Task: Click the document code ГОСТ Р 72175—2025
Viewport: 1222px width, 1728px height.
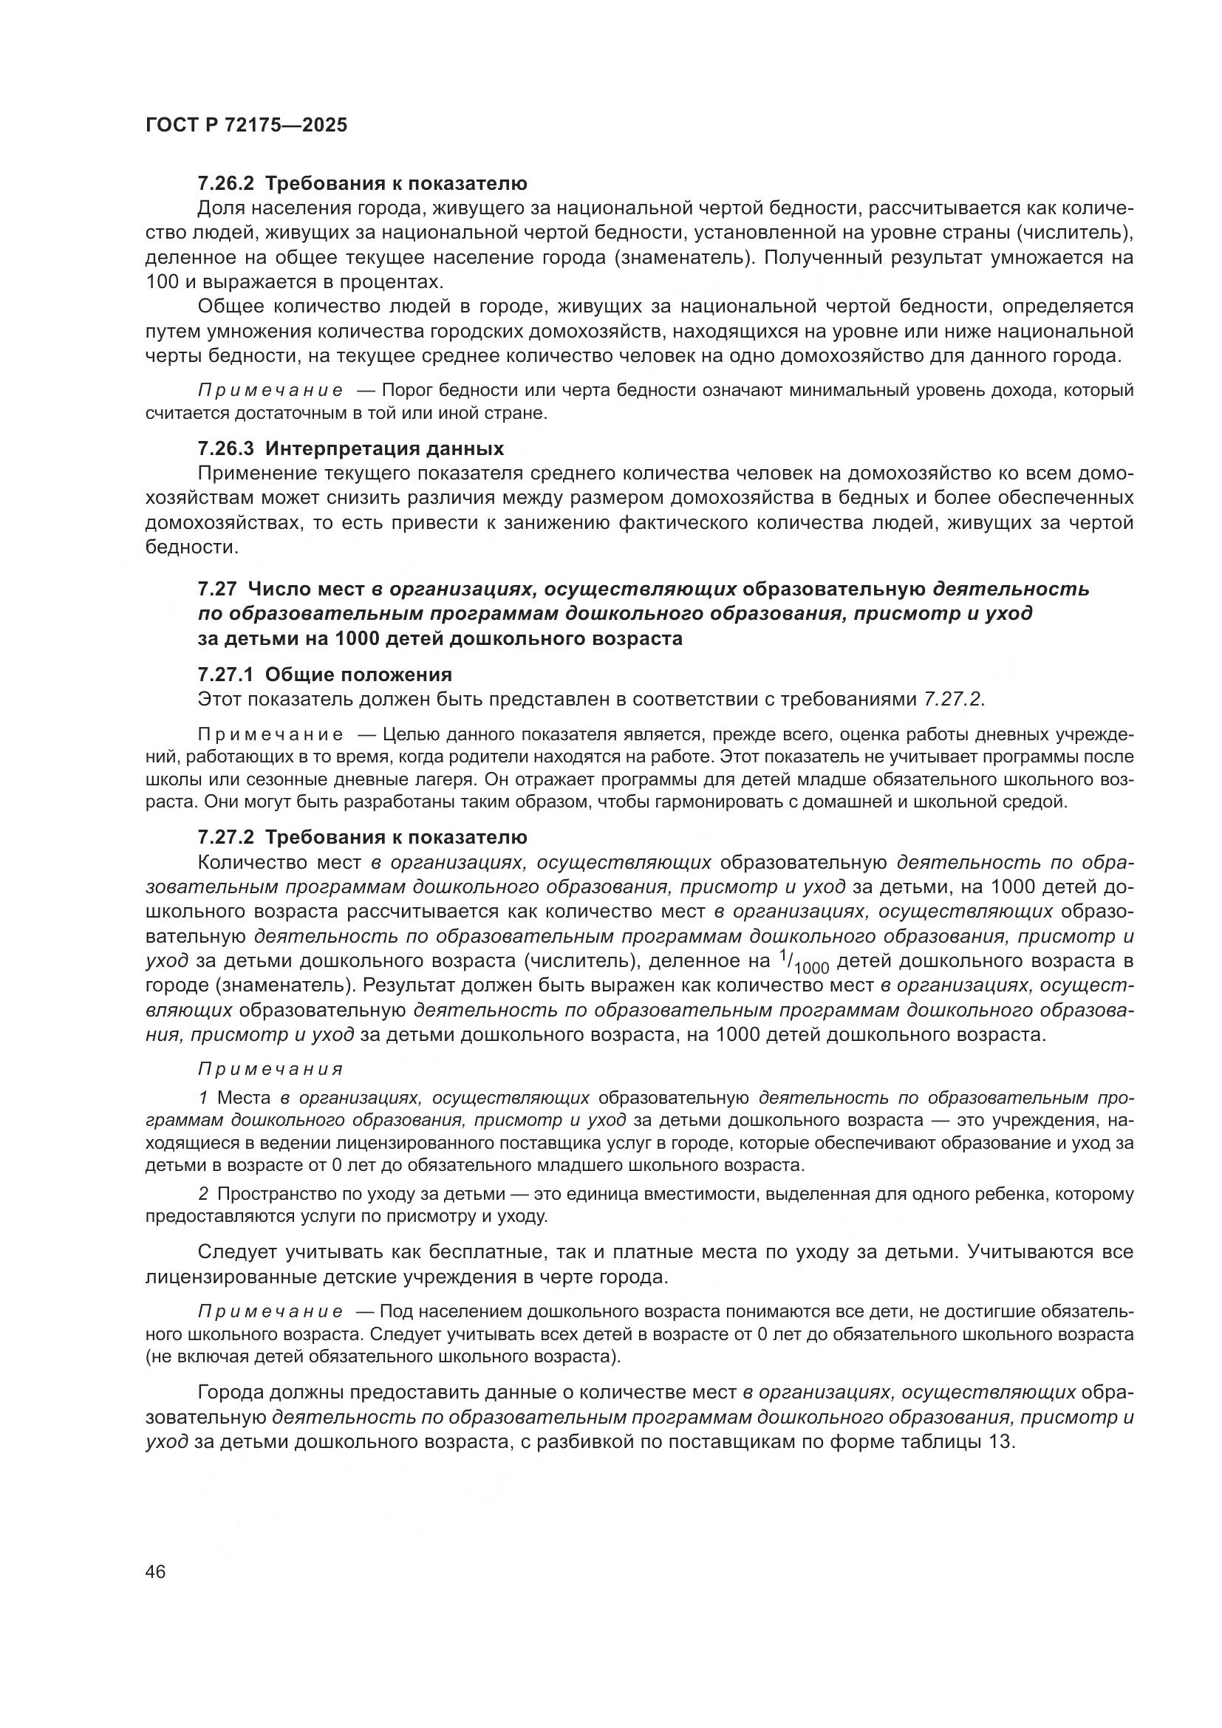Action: [x=246, y=125]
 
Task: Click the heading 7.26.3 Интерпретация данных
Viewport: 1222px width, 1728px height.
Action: [x=351, y=448]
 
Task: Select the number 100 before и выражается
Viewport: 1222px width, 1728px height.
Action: [x=162, y=282]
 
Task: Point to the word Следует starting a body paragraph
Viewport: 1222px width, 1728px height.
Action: [x=235, y=1252]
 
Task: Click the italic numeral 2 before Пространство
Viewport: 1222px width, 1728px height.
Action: [x=203, y=1195]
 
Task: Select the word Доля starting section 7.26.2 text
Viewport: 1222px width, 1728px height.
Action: [x=219, y=208]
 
